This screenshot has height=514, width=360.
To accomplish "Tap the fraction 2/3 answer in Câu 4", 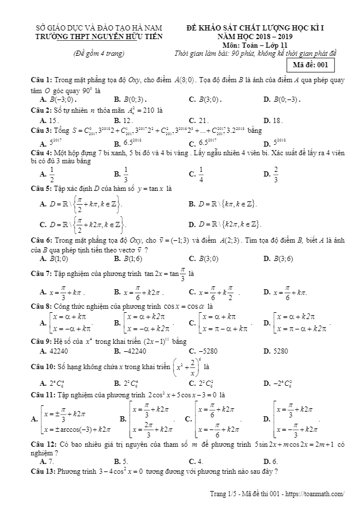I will click(x=275, y=173).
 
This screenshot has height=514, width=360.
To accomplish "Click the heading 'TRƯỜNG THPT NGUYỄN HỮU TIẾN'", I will click(x=99, y=36).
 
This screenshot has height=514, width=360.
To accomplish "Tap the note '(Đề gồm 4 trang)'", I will click(x=99, y=53).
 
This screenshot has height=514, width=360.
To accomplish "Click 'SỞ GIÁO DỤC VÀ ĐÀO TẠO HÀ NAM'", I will click(x=99, y=27).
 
